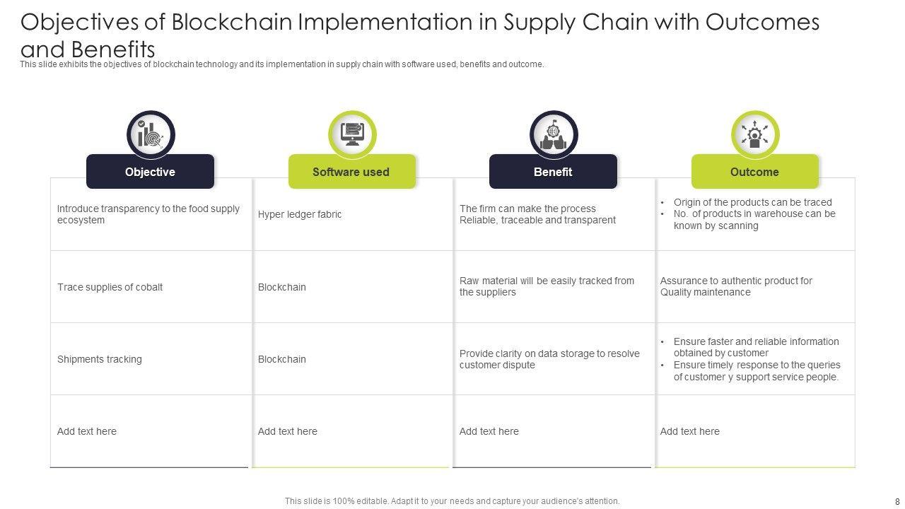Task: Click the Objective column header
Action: pos(150,172)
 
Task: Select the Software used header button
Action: pos(351,172)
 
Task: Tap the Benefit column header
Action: pos(553,172)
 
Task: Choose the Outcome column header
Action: pos(754,172)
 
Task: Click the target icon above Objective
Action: pos(151,134)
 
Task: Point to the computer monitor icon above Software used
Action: pos(352,134)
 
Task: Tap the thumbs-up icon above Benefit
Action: pos(554,134)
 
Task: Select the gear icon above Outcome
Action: pos(755,134)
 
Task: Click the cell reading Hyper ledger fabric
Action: pos(300,214)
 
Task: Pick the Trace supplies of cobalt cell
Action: pos(110,287)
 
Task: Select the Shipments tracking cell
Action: pos(100,359)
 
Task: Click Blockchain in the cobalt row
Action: pos(282,287)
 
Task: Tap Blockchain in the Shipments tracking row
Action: pos(282,359)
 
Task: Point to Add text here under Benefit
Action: pos(489,431)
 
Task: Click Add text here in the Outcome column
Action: pos(690,431)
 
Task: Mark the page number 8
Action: pos(897,501)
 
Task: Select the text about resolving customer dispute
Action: pos(549,359)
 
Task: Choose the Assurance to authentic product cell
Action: pos(736,286)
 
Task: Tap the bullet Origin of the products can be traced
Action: pos(752,202)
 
